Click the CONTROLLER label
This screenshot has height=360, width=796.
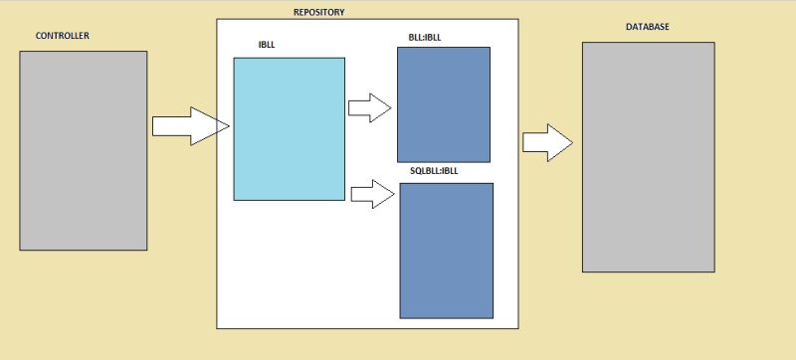pyautogui.click(x=63, y=37)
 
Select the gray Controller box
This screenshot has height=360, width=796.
pyautogui.click(x=83, y=150)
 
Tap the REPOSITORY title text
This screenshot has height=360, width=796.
pyautogui.click(x=319, y=12)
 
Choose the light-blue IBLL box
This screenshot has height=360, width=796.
pyautogui.click(x=289, y=129)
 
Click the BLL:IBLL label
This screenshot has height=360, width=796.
pyautogui.click(x=425, y=39)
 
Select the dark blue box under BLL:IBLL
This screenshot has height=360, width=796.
pyautogui.click(x=444, y=103)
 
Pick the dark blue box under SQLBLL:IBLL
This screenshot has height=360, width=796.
pyautogui.click(x=447, y=250)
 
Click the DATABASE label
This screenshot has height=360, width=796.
pyautogui.click(x=646, y=27)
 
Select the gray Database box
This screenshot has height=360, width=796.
pyautogui.click(x=648, y=156)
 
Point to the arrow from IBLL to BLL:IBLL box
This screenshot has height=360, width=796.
pyautogui.click(x=369, y=107)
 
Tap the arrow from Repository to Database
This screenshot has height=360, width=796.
pyautogui.click(x=546, y=142)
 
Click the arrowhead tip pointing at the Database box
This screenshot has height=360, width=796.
pyautogui.click(x=572, y=142)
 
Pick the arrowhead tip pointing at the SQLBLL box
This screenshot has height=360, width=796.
pyautogui.click(x=394, y=194)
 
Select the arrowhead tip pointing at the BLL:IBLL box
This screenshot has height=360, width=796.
pyautogui.click(x=392, y=107)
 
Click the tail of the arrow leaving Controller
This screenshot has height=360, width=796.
pyautogui.click(x=155, y=126)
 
